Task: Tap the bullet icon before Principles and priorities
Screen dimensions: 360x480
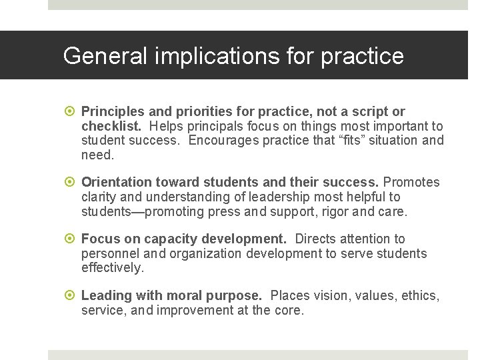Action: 71,112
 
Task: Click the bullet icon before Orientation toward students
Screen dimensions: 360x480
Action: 71,183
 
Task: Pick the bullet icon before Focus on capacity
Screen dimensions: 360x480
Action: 71,239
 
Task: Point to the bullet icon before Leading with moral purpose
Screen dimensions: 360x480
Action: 71,296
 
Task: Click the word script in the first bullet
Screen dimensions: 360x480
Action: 374,112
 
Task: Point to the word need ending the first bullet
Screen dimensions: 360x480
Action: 97,155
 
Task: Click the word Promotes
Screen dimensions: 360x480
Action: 411,183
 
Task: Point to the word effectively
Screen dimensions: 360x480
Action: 112,267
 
